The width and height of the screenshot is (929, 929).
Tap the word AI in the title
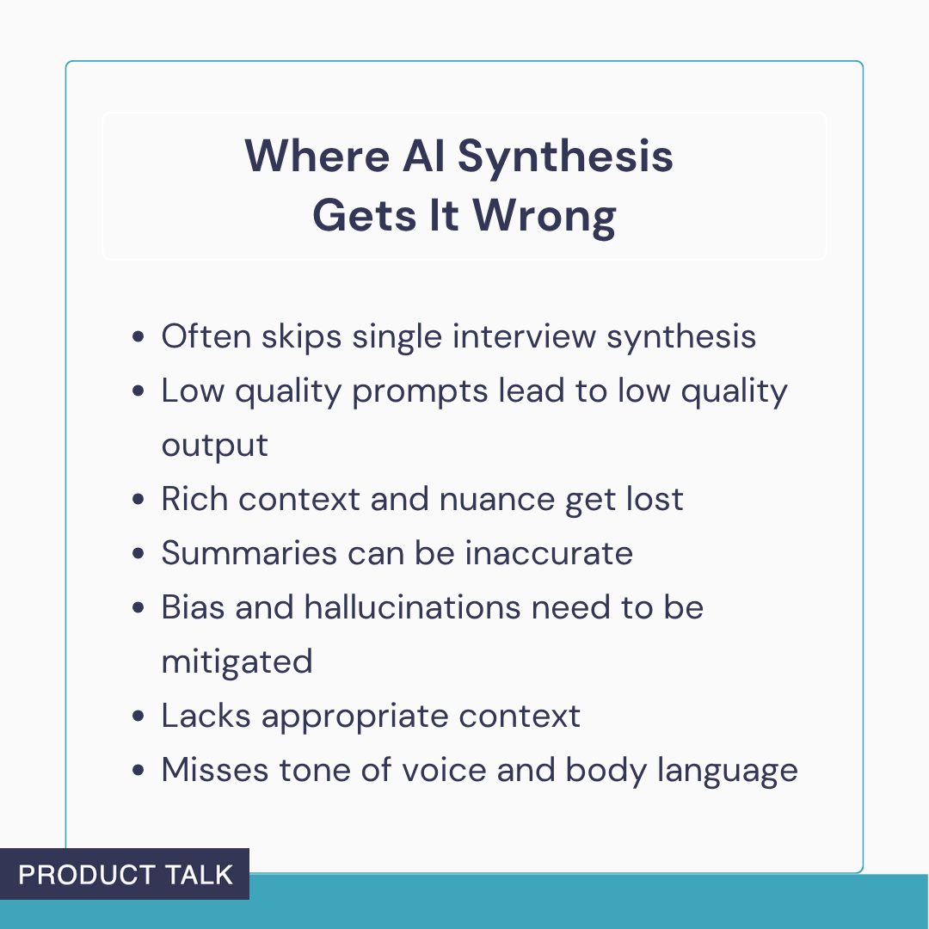[424, 157]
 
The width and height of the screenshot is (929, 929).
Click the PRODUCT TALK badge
[126, 875]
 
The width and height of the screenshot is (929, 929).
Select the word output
[214, 446]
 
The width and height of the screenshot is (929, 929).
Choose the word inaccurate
[549, 553]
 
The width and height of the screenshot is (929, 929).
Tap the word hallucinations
[412, 607]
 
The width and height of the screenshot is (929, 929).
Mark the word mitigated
[237, 661]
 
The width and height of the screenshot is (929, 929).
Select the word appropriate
[353, 717]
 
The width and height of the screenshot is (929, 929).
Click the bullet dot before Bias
[138, 608]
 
